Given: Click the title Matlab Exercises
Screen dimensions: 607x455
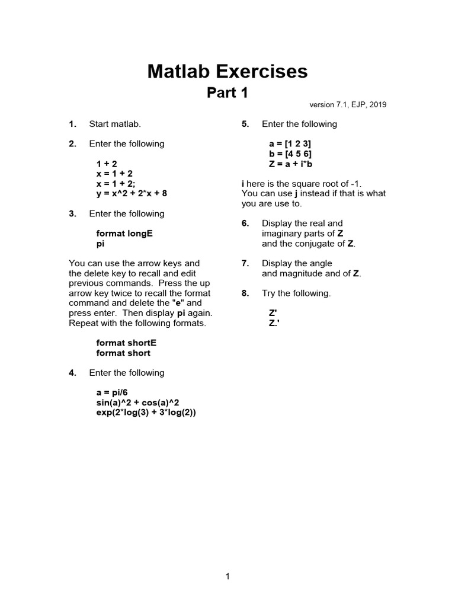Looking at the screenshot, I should click(227, 72).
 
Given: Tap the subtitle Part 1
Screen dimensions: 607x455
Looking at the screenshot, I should click(227, 93).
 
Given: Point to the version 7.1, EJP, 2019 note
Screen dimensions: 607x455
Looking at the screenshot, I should click(348, 105).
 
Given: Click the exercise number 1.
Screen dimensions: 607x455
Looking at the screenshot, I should click(72, 124).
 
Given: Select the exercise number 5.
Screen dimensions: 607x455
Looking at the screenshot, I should click(245, 124).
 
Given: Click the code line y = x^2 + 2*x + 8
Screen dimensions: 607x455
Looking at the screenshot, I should click(136, 193).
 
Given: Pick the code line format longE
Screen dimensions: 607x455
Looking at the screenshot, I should click(124, 234).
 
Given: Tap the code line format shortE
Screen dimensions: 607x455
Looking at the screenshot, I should click(126, 343).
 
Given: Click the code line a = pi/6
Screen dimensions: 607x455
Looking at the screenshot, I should click(112, 392).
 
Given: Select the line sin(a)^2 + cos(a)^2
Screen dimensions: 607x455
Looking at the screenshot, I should click(137, 402).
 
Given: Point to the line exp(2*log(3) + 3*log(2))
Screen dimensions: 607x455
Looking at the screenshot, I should click(146, 413).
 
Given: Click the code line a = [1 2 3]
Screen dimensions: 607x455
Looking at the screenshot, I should click(290, 143).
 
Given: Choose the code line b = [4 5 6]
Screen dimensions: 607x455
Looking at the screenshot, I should click(290, 154).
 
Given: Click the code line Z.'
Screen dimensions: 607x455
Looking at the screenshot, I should click(274, 323).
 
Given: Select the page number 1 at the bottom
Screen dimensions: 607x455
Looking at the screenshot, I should click(227, 576).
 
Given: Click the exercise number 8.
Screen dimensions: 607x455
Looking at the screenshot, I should click(245, 293).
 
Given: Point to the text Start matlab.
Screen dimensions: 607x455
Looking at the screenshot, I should click(115, 124).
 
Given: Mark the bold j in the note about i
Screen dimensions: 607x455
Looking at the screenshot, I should click(295, 193).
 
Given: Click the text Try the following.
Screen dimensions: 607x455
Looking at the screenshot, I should click(296, 293).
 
